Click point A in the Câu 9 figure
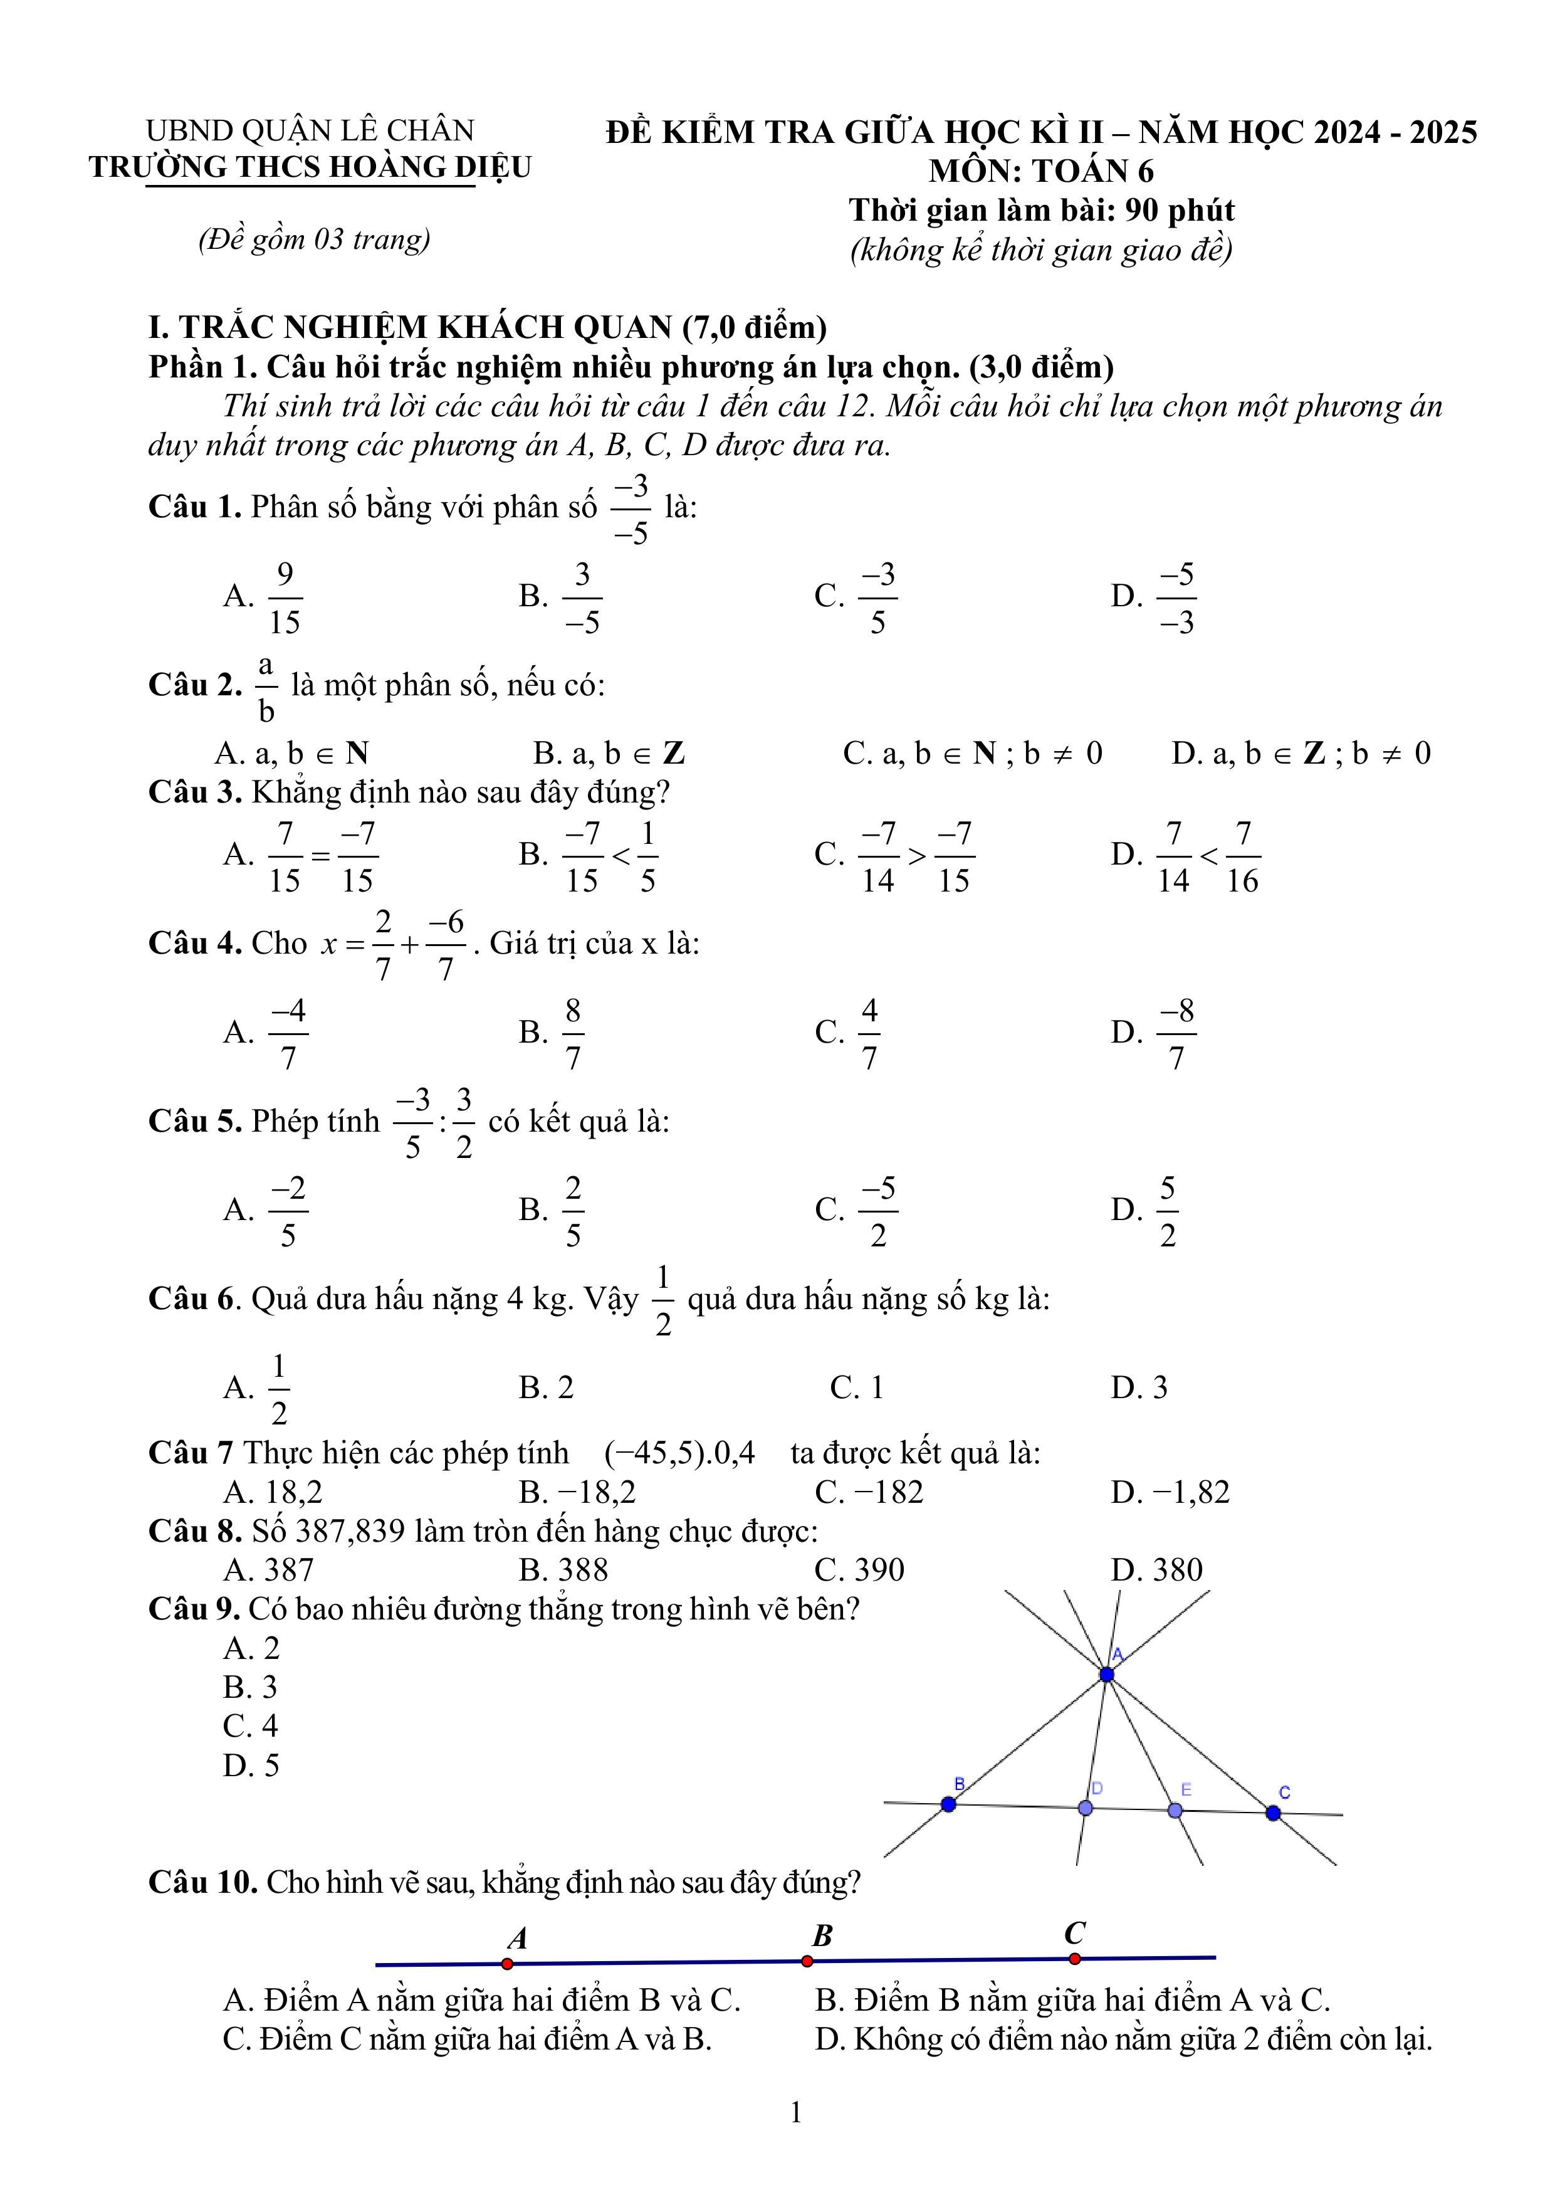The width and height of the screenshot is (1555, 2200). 1107,1674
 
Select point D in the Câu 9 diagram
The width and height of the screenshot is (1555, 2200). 1086,1807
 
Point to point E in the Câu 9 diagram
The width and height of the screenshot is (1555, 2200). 1176,1810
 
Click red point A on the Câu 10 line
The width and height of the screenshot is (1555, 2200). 508,1964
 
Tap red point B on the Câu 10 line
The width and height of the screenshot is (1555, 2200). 807,1961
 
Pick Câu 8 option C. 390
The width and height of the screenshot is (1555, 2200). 859,1569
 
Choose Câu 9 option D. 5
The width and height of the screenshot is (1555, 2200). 251,1765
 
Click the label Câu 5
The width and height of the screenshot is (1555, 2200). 194,1121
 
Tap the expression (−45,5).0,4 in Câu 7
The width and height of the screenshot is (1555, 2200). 679,1453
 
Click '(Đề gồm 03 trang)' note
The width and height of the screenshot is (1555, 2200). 314,239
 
